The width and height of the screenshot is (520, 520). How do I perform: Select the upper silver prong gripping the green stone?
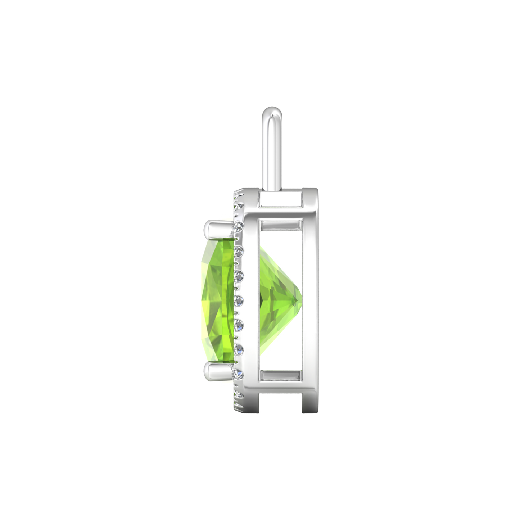216,227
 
